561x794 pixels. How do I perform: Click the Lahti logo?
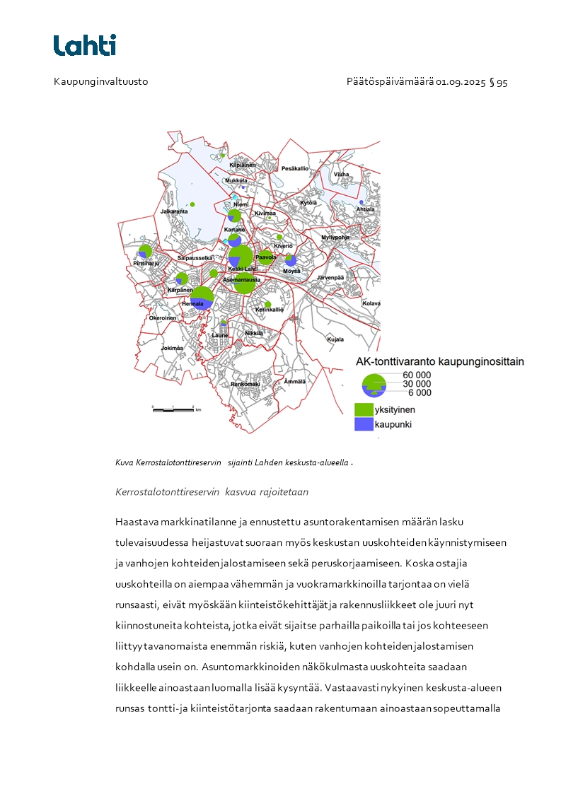[85, 45]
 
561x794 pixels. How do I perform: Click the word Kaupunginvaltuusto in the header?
[100, 82]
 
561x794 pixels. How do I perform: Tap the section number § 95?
[498, 82]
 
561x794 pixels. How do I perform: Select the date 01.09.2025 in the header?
[461, 82]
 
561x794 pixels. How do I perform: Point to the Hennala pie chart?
[202, 298]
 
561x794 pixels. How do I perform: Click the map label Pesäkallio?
[295, 168]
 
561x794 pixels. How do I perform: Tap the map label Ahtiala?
[365, 209]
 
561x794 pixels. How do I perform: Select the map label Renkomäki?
[245, 384]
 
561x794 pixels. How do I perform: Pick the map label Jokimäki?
[172, 348]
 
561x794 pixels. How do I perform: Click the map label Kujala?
[335, 339]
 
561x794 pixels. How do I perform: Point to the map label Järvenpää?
[330, 278]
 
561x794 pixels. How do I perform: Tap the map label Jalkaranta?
[174, 211]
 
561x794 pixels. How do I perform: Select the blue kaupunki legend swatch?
[364, 424]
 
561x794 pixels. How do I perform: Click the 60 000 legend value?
[417, 375]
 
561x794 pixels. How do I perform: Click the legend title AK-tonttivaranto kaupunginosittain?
[439, 361]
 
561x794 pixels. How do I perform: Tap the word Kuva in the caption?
[124, 462]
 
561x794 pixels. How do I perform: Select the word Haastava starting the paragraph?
[139, 522]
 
